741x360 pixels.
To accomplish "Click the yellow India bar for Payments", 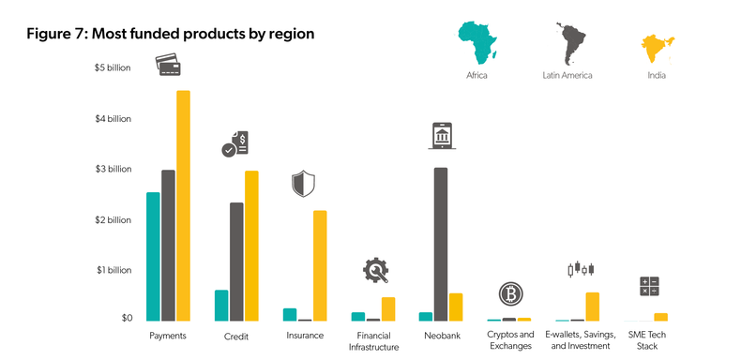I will pyautogui.click(x=183, y=206).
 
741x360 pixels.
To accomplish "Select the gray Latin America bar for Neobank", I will pyautogui.click(x=441, y=245).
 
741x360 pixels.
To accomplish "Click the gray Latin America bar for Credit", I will pyautogui.click(x=236, y=262).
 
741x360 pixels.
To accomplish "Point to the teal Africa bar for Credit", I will pyautogui.click(x=221, y=306).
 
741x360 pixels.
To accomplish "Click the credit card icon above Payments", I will pyautogui.click(x=169, y=63).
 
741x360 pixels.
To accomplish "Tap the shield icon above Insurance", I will pyautogui.click(x=303, y=183).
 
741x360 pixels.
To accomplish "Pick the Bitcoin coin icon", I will pyautogui.click(x=510, y=294).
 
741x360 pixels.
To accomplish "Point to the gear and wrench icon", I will pyautogui.click(x=376, y=270).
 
